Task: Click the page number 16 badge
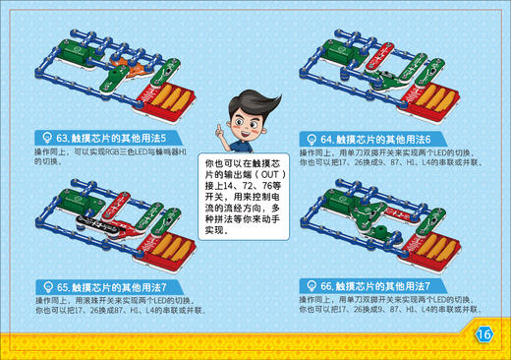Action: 483,333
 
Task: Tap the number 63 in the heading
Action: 63,138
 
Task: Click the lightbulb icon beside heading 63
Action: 44,138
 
